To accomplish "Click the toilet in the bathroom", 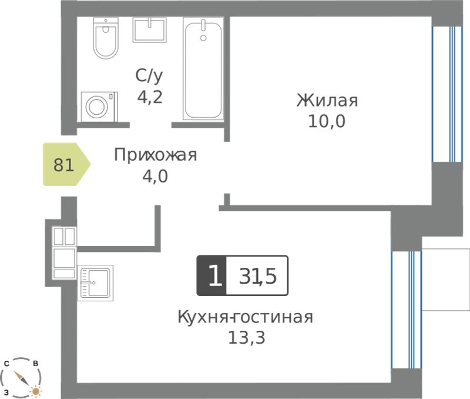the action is click(x=106, y=38).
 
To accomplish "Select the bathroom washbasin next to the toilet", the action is click(x=150, y=29).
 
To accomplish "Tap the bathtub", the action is click(x=203, y=69).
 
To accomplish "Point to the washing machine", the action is click(x=99, y=107).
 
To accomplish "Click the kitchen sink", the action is click(x=95, y=283).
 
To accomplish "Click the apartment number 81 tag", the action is click(x=66, y=164).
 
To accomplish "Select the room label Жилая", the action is click(x=327, y=100).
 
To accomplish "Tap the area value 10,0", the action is click(x=327, y=121).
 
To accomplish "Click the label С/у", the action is click(x=149, y=76).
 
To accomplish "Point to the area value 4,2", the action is click(x=150, y=97).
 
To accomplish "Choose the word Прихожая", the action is click(x=155, y=155).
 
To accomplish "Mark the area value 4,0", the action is click(x=155, y=176).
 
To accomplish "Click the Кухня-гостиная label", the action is click(x=245, y=317).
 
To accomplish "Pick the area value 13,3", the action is click(x=247, y=337).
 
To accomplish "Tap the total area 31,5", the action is click(x=257, y=276).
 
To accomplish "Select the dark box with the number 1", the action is click(x=211, y=275).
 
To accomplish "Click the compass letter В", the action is click(x=35, y=363).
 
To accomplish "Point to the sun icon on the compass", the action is click(x=36, y=391).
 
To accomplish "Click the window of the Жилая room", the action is click(x=447, y=94).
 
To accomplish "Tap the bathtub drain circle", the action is click(x=203, y=38).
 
